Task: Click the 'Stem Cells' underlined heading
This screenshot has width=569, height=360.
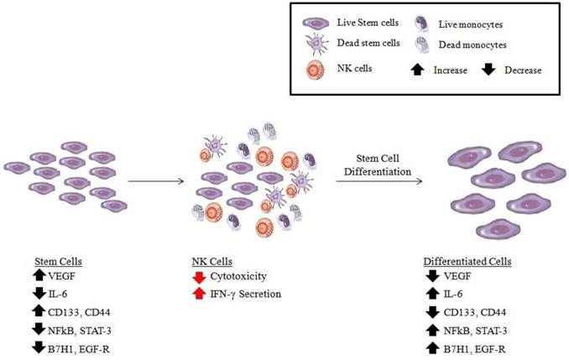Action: [x=56, y=260]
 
